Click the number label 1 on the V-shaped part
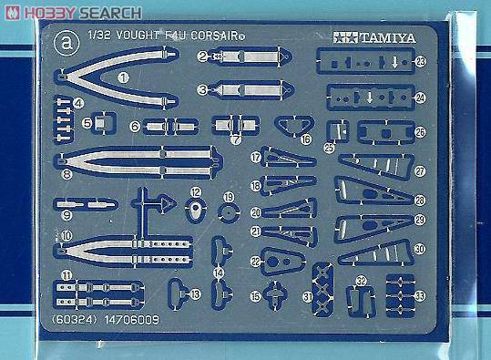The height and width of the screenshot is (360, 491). click(x=123, y=79)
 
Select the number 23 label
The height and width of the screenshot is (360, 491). click(x=420, y=61)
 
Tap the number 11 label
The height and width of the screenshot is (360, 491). click(x=66, y=275)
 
